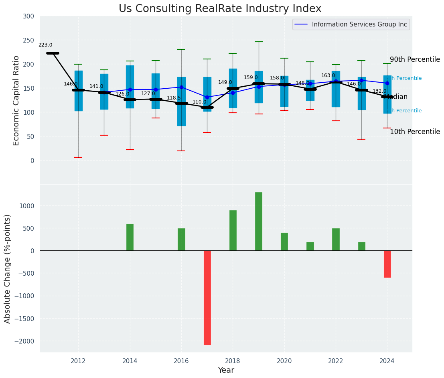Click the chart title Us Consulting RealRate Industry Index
220,9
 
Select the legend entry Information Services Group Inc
359,24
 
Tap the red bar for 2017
207,297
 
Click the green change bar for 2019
259,221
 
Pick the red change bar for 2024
387,264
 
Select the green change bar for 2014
130,237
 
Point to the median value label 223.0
45,45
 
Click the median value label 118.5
174,98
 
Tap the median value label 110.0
199,102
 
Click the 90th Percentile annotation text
415,59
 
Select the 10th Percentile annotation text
415,132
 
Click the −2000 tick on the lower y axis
27,341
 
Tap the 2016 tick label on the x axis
181,361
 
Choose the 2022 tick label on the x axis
336,361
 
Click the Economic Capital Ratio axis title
16,100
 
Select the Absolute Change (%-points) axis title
8,268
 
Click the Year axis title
226,370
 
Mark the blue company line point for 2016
181,87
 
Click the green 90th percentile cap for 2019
259,42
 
